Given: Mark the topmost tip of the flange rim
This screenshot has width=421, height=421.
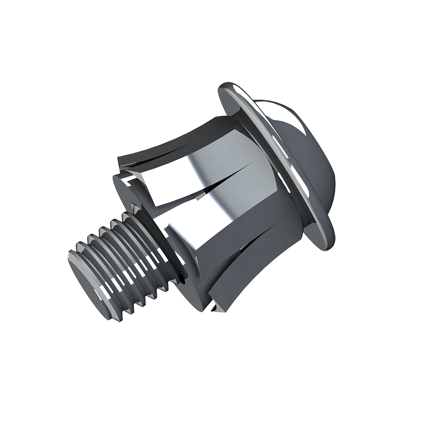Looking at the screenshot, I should point(227,82).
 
